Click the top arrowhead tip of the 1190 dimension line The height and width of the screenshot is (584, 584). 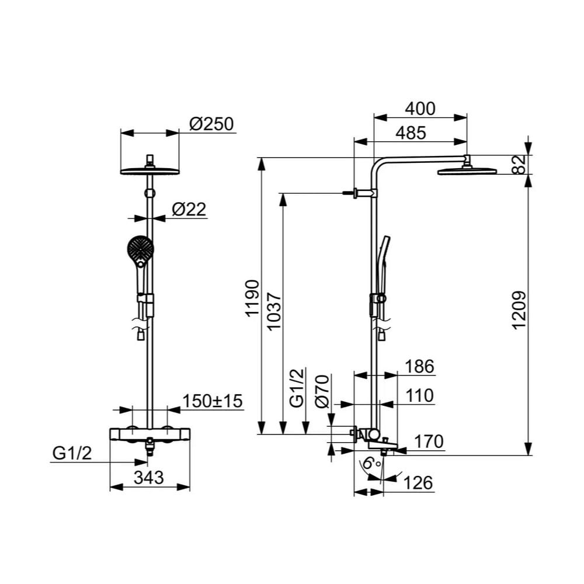[x=263, y=158]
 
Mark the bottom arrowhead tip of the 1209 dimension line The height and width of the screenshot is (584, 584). [x=529, y=455]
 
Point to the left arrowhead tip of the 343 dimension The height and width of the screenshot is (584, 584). [x=110, y=487]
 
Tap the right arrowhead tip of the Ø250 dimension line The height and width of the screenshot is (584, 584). [x=179, y=133]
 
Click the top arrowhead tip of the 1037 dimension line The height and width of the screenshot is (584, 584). [x=283, y=193]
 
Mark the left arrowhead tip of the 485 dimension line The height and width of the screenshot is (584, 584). [x=354, y=141]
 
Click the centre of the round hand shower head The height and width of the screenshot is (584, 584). [x=140, y=248]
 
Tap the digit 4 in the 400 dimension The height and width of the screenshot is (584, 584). [x=411, y=109]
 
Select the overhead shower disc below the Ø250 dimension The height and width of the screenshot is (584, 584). [x=150, y=171]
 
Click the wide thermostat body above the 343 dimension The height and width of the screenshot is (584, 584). [x=150, y=434]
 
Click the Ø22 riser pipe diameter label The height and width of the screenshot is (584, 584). [x=189, y=209]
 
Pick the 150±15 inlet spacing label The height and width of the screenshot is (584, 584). [x=213, y=401]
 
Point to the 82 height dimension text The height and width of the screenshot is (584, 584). [x=520, y=164]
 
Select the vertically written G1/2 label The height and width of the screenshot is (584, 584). [x=297, y=388]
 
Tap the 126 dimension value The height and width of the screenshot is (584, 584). [x=418, y=483]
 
